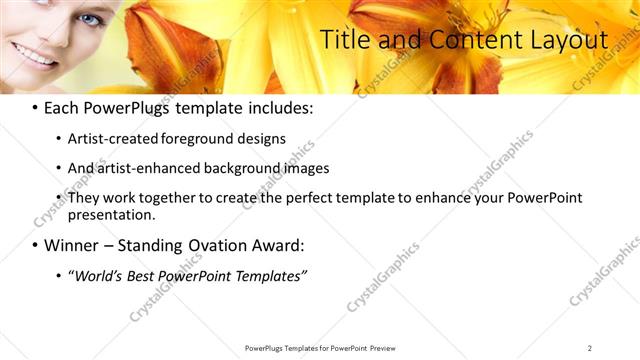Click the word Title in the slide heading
coord(342,40)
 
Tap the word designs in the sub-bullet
coord(261,139)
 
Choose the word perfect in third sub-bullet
coord(307,198)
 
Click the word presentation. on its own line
coord(112,214)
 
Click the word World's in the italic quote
coord(97,275)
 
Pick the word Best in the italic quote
coord(141,275)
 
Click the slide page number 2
coord(589,348)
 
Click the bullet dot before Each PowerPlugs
coord(36,108)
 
